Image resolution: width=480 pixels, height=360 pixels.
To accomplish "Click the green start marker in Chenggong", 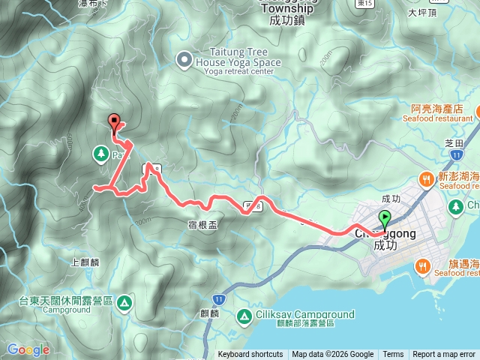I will (385, 219).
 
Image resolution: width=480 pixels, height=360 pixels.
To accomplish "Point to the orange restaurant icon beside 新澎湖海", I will (426, 179).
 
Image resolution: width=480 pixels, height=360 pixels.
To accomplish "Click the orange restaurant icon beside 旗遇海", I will (423, 265).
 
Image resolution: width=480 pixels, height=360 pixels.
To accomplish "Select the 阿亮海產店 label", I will (436, 108).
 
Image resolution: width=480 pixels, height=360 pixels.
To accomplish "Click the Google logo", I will (28, 349).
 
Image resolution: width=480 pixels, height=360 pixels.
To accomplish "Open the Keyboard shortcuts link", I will (250, 355).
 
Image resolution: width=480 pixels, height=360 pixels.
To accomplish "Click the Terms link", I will (393, 355).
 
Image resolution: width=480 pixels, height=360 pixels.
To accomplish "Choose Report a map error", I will (444, 355).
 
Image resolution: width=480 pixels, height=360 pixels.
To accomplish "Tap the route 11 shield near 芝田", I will (457, 154).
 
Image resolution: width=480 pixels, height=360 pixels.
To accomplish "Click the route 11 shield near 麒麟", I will (218, 277).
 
